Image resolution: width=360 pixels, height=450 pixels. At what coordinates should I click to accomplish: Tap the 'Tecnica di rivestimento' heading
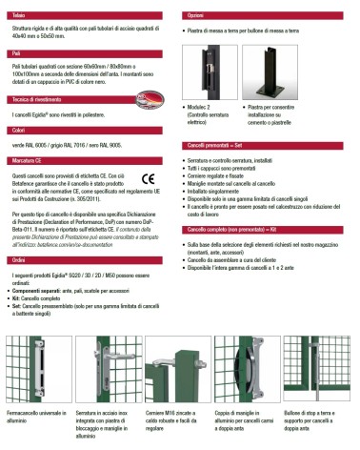(x=38, y=99)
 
